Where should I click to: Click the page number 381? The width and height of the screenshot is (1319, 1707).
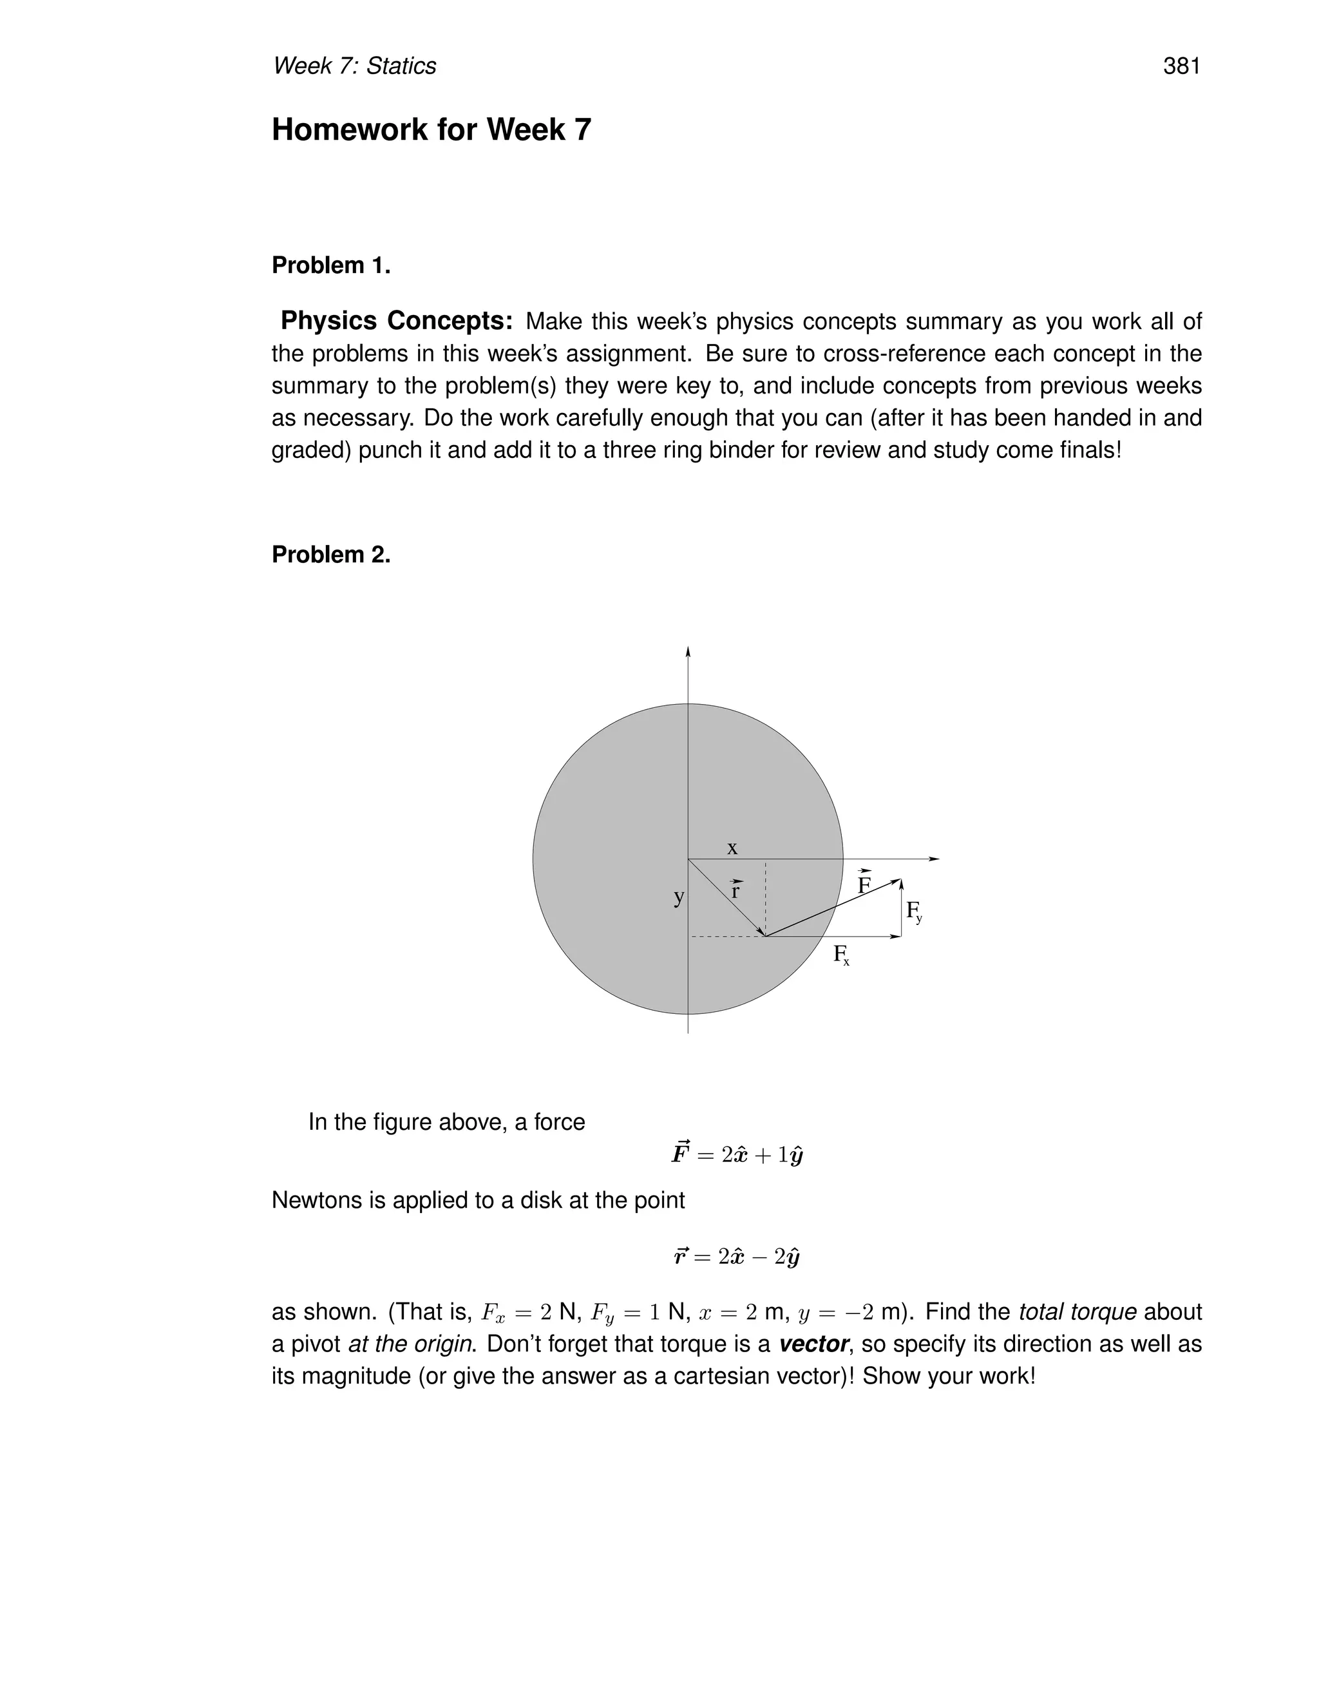click(x=1181, y=66)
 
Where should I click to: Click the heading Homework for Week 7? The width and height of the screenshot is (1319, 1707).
click(x=431, y=129)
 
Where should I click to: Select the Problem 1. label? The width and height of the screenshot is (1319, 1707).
click(x=330, y=266)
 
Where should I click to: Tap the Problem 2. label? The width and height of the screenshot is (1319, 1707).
click(x=330, y=555)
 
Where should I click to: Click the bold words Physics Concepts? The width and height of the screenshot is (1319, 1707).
click(x=396, y=321)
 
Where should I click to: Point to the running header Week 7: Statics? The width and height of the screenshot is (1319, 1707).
click(x=354, y=66)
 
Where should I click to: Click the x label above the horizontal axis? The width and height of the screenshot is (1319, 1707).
click(x=732, y=848)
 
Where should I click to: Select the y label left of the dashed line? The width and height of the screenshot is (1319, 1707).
click(x=678, y=897)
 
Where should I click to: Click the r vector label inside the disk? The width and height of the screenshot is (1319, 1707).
click(x=735, y=890)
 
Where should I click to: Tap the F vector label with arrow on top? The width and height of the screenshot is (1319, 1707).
click(x=864, y=884)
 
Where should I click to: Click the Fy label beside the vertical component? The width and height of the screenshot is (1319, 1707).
click(x=913, y=911)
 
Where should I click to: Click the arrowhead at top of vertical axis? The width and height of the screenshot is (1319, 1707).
click(x=688, y=652)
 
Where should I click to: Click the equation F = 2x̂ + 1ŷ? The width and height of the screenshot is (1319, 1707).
click(x=737, y=1154)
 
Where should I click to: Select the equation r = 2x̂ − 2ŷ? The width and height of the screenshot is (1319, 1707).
click(x=737, y=1257)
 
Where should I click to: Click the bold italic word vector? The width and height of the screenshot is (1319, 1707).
click(x=813, y=1344)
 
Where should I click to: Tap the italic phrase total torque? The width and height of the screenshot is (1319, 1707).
click(x=1077, y=1312)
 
